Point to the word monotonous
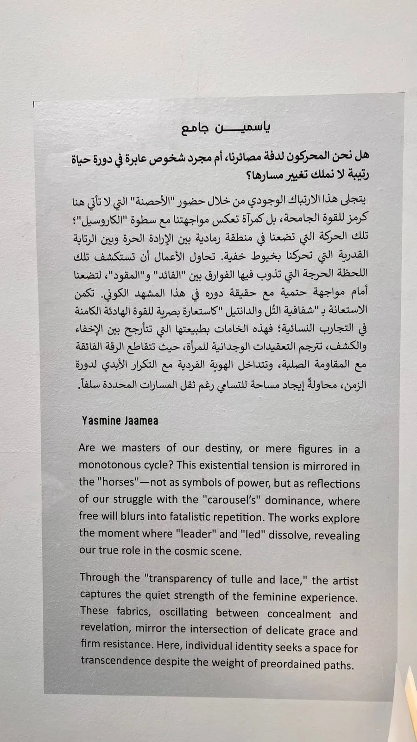point(109,465)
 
